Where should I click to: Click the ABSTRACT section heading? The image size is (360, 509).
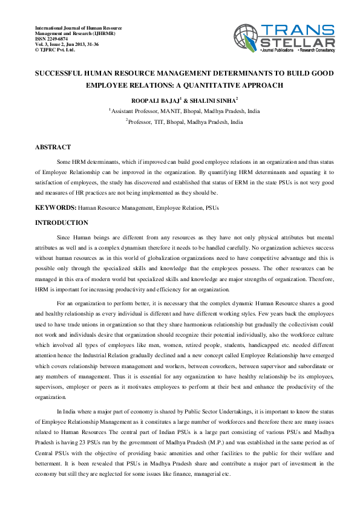[53, 147]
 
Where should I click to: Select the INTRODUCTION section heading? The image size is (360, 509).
[62, 223]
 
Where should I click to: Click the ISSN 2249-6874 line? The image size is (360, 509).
[54, 39]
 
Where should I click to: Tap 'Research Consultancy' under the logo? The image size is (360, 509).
[317, 52]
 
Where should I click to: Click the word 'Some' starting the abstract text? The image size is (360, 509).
[64, 163]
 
